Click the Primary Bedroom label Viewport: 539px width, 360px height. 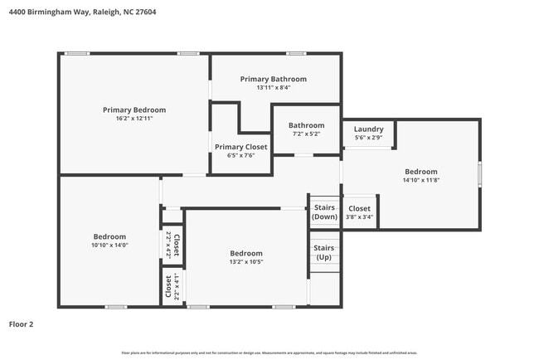(134, 109)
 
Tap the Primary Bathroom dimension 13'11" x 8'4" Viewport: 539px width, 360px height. (273, 88)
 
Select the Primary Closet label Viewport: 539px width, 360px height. (240, 147)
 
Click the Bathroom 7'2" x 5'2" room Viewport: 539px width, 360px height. (306, 129)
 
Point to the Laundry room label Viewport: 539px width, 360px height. (368, 129)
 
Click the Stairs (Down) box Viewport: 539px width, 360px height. (323, 212)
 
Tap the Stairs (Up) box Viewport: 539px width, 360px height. (323, 252)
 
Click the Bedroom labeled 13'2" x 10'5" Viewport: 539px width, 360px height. (246, 258)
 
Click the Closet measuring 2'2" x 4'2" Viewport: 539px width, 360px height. (172, 246)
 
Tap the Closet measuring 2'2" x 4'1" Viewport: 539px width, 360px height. (172, 287)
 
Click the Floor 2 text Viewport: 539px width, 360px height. (22, 324)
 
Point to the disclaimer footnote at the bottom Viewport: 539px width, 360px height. (269, 353)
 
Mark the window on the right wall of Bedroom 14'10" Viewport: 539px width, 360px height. (479, 175)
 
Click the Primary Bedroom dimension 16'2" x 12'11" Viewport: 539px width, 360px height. (134, 119)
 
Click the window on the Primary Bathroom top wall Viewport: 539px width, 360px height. (296, 54)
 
